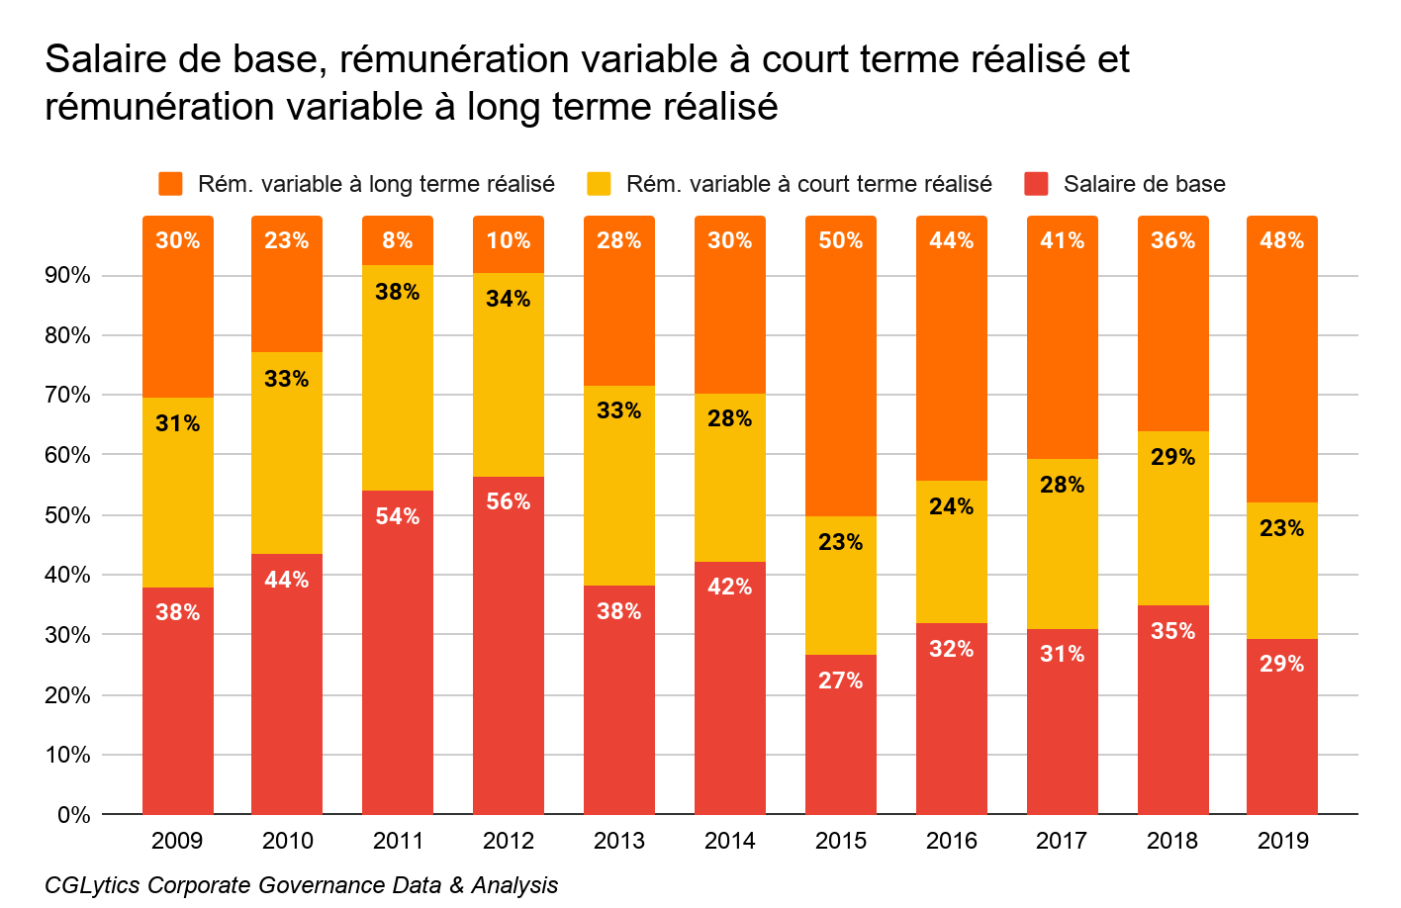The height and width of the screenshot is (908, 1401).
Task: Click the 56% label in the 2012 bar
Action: click(x=508, y=501)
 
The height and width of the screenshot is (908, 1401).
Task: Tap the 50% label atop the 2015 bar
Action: click(x=840, y=240)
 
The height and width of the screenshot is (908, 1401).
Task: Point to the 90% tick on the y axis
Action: click(x=67, y=276)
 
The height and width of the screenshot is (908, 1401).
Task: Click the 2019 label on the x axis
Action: click(x=1282, y=841)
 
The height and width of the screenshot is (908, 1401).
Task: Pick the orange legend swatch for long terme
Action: click(x=170, y=184)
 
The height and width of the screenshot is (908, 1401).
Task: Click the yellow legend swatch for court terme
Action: click(x=599, y=184)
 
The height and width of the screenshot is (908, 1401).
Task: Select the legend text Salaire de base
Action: click(x=1144, y=184)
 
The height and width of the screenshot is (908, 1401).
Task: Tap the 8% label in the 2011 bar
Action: click(x=397, y=240)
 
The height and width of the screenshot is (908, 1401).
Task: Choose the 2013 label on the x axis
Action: click(x=618, y=841)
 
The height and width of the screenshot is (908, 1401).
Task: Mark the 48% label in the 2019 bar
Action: click(x=1281, y=240)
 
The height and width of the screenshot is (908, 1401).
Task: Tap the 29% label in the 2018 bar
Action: click(x=1172, y=457)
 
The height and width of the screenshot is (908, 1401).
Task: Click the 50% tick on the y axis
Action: click(x=67, y=515)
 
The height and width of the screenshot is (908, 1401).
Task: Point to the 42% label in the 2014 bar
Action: click(x=729, y=587)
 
